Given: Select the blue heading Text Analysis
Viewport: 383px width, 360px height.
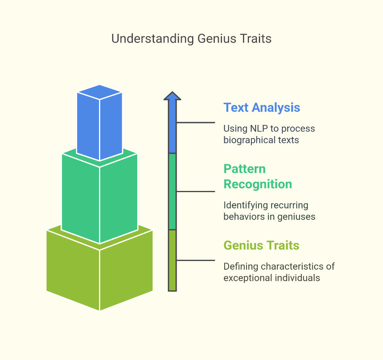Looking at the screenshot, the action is pos(262,108).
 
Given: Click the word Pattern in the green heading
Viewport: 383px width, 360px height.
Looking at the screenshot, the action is pos(245,169).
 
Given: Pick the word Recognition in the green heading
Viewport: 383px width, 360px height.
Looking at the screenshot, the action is pos(258,184).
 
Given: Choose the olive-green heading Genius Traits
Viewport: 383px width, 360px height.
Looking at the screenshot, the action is pos(261,245).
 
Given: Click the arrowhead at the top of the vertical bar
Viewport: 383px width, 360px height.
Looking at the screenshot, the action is pos(172,96).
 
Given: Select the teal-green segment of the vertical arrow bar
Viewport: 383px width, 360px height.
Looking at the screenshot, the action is pos(172,191).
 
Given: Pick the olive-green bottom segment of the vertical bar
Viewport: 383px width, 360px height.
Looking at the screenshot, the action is pos(172,260).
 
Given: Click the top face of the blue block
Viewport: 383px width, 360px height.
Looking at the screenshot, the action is pos(99,92).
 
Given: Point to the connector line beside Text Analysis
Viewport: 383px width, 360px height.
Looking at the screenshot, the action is pos(196,123).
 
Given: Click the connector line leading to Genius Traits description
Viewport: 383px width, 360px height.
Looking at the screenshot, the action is pos(196,260).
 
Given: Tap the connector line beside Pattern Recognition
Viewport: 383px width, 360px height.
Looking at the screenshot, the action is pos(196,191).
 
